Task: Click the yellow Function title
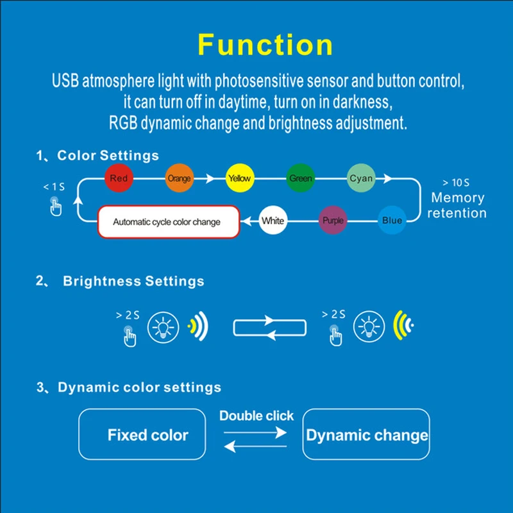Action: (265, 45)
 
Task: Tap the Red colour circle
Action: (119, 178)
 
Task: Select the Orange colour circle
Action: (180, 178)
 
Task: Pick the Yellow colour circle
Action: (240, 178)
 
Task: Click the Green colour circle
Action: (300, 178)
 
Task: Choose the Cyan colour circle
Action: (361, 178)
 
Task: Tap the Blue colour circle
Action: (392, 220)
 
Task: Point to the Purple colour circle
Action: (333, 220)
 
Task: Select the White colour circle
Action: (273, 220)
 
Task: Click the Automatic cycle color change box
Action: (169, 222)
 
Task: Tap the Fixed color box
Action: (142, 434)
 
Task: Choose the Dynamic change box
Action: (366, 434)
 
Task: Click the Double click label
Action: (256, 416)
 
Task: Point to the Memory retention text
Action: (457, 205)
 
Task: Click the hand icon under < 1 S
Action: (56, 206)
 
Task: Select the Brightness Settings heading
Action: (133, 281)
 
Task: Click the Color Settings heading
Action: (108, 155)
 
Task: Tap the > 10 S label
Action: (456, 183)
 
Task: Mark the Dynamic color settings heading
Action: (139, 387)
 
